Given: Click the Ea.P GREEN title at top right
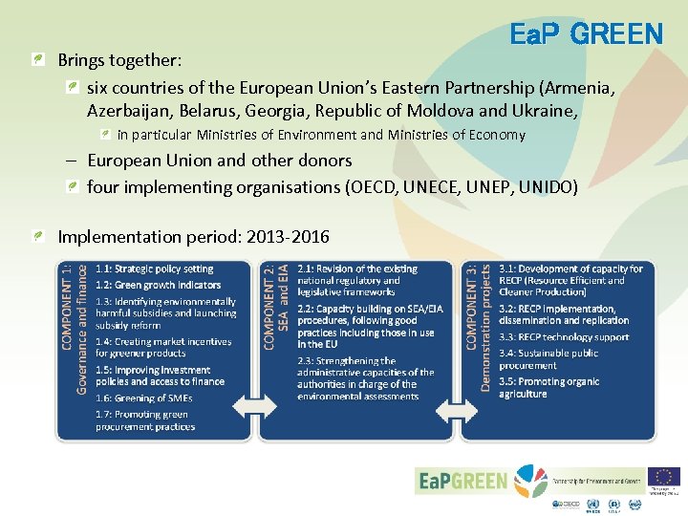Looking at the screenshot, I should (586, 35).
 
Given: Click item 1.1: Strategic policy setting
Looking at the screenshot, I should (154, 269).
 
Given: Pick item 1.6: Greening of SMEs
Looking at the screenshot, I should (143, 398).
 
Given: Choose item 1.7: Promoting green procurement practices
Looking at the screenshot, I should (145, 420).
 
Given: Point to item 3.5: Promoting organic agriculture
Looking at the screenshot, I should (548, 388).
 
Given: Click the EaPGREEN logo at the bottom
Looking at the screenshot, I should (463, 481).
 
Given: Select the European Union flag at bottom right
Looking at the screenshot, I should (663, 476).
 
